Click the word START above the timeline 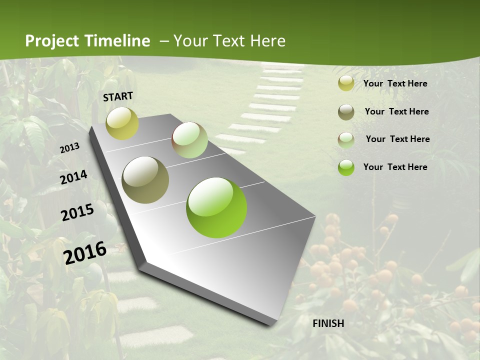pos(118,96)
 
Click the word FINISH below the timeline pos(328,323)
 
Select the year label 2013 pos(70,148)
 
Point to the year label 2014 pos(74,177)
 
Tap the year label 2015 pos(77,212)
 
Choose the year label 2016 pos(85,252)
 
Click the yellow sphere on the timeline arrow pos(122,123)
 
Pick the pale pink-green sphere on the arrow pos(189,140)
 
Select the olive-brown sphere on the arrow pos(145,180)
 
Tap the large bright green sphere pos(216,207)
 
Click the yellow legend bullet pos(346,83)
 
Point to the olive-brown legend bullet pos(346,112)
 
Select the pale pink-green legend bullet pos(346,139)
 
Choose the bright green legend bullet pos(346,167)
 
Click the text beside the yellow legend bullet pos(395,83)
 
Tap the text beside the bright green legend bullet pos(395,167)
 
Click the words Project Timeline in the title pos(87,41)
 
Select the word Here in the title pos(267,41)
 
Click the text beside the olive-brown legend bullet pos(396,111)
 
